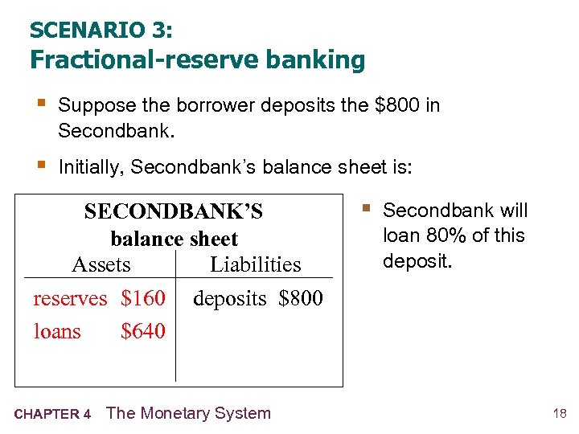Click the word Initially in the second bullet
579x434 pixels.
coord(89,167)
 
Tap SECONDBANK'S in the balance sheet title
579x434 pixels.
coord(174,211)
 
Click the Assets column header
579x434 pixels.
coord(101,264)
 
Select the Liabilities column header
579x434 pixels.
coord(255,264)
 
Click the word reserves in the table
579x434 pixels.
coord(70,298)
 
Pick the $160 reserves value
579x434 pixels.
coord(143,298)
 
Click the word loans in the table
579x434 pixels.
coord(57,331)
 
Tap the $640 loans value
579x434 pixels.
coord(143,331)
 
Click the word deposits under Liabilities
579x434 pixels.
coord(229,298)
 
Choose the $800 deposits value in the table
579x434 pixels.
coord(301,298)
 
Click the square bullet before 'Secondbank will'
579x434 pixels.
coord(366,210)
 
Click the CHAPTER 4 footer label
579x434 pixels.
coord(52,415)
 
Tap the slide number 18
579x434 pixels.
coord(560,414)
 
